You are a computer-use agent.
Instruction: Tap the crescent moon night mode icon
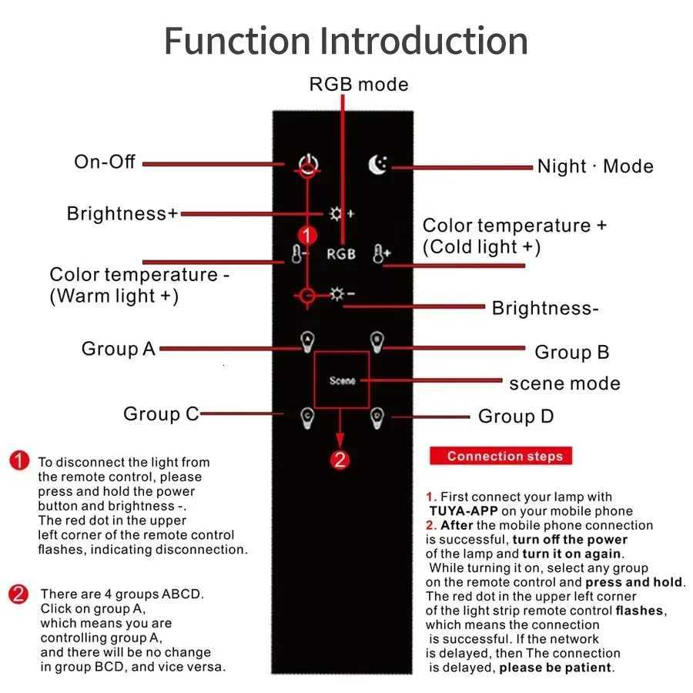click(x=377, y=165)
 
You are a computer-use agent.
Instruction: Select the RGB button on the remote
click(x=341, y=253)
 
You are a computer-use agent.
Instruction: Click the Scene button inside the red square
click(x=342, y=380)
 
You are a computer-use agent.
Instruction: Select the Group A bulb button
click(x=307, y=339)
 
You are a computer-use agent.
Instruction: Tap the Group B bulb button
click(x=377, y=339)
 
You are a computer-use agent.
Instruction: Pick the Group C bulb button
click(x=307, y=417)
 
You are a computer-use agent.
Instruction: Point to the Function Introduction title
click(x=346, y=40)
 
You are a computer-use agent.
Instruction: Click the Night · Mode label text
click(x=595, y=166)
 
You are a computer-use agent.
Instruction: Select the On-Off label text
click(x=105, y=162)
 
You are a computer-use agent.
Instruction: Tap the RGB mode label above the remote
click(x=359, y=84)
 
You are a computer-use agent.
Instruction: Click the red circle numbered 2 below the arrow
click(x=340, y=460)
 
